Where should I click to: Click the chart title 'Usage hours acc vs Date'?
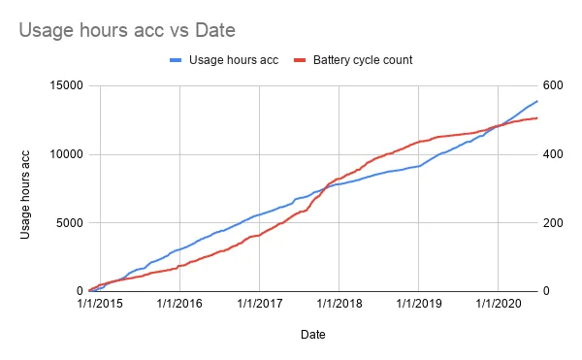(127, 30)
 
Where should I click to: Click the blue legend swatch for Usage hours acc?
(176, 60)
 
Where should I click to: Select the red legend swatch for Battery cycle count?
(300, 60)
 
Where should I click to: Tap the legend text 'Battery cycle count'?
(363, 60)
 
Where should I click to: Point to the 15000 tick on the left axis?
(66, 85)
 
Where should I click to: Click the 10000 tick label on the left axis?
(66, 154)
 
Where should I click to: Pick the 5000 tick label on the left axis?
(70, 222)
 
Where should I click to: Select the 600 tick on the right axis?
(553, 85)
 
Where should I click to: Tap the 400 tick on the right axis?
(553, 154)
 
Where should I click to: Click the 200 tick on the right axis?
(553, 222)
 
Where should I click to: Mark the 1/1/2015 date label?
(100, 304)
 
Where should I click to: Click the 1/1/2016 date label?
(179, 304)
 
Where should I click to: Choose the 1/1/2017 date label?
(259, 304)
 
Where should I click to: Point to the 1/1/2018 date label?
(339, 304)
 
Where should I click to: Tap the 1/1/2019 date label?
(419, 304)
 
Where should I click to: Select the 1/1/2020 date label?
(499, 304)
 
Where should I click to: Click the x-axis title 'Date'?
(313, 335)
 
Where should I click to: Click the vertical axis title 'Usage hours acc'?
(25, 194)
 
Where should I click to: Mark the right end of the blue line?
(537, 101)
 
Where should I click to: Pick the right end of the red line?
(537, 118)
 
